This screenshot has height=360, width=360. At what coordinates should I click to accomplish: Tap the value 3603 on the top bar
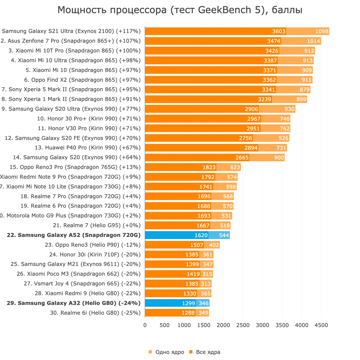click(x=279, y=31)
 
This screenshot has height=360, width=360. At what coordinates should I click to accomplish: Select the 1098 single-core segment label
click(x=322, y=31)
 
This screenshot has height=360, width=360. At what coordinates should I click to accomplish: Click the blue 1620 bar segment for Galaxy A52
click(x=177, y=235)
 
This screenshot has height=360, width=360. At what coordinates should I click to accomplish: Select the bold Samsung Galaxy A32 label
click(x=74, y=303)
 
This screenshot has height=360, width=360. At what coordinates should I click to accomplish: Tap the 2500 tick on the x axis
click(x=243, y=325)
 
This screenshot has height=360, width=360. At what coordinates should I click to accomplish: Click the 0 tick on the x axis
click(x=145, y=325)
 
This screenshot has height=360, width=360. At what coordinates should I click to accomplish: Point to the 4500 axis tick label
click(x=321, y=325)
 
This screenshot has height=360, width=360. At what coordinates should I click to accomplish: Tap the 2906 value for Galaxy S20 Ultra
click(x=251, y=109)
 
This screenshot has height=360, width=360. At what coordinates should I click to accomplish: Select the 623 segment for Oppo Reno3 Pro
click(x=235, y=167)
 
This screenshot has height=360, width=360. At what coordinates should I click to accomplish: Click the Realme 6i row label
click(x=95, y=313)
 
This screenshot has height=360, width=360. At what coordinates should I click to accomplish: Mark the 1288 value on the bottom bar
click(x=188, y=313)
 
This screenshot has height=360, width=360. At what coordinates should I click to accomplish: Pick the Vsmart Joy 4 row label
click(x=82, y=284)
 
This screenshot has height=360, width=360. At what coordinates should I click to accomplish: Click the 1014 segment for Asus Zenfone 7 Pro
click(x=313, y=41)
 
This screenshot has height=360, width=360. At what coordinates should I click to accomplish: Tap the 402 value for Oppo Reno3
click(x=214, y=245)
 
